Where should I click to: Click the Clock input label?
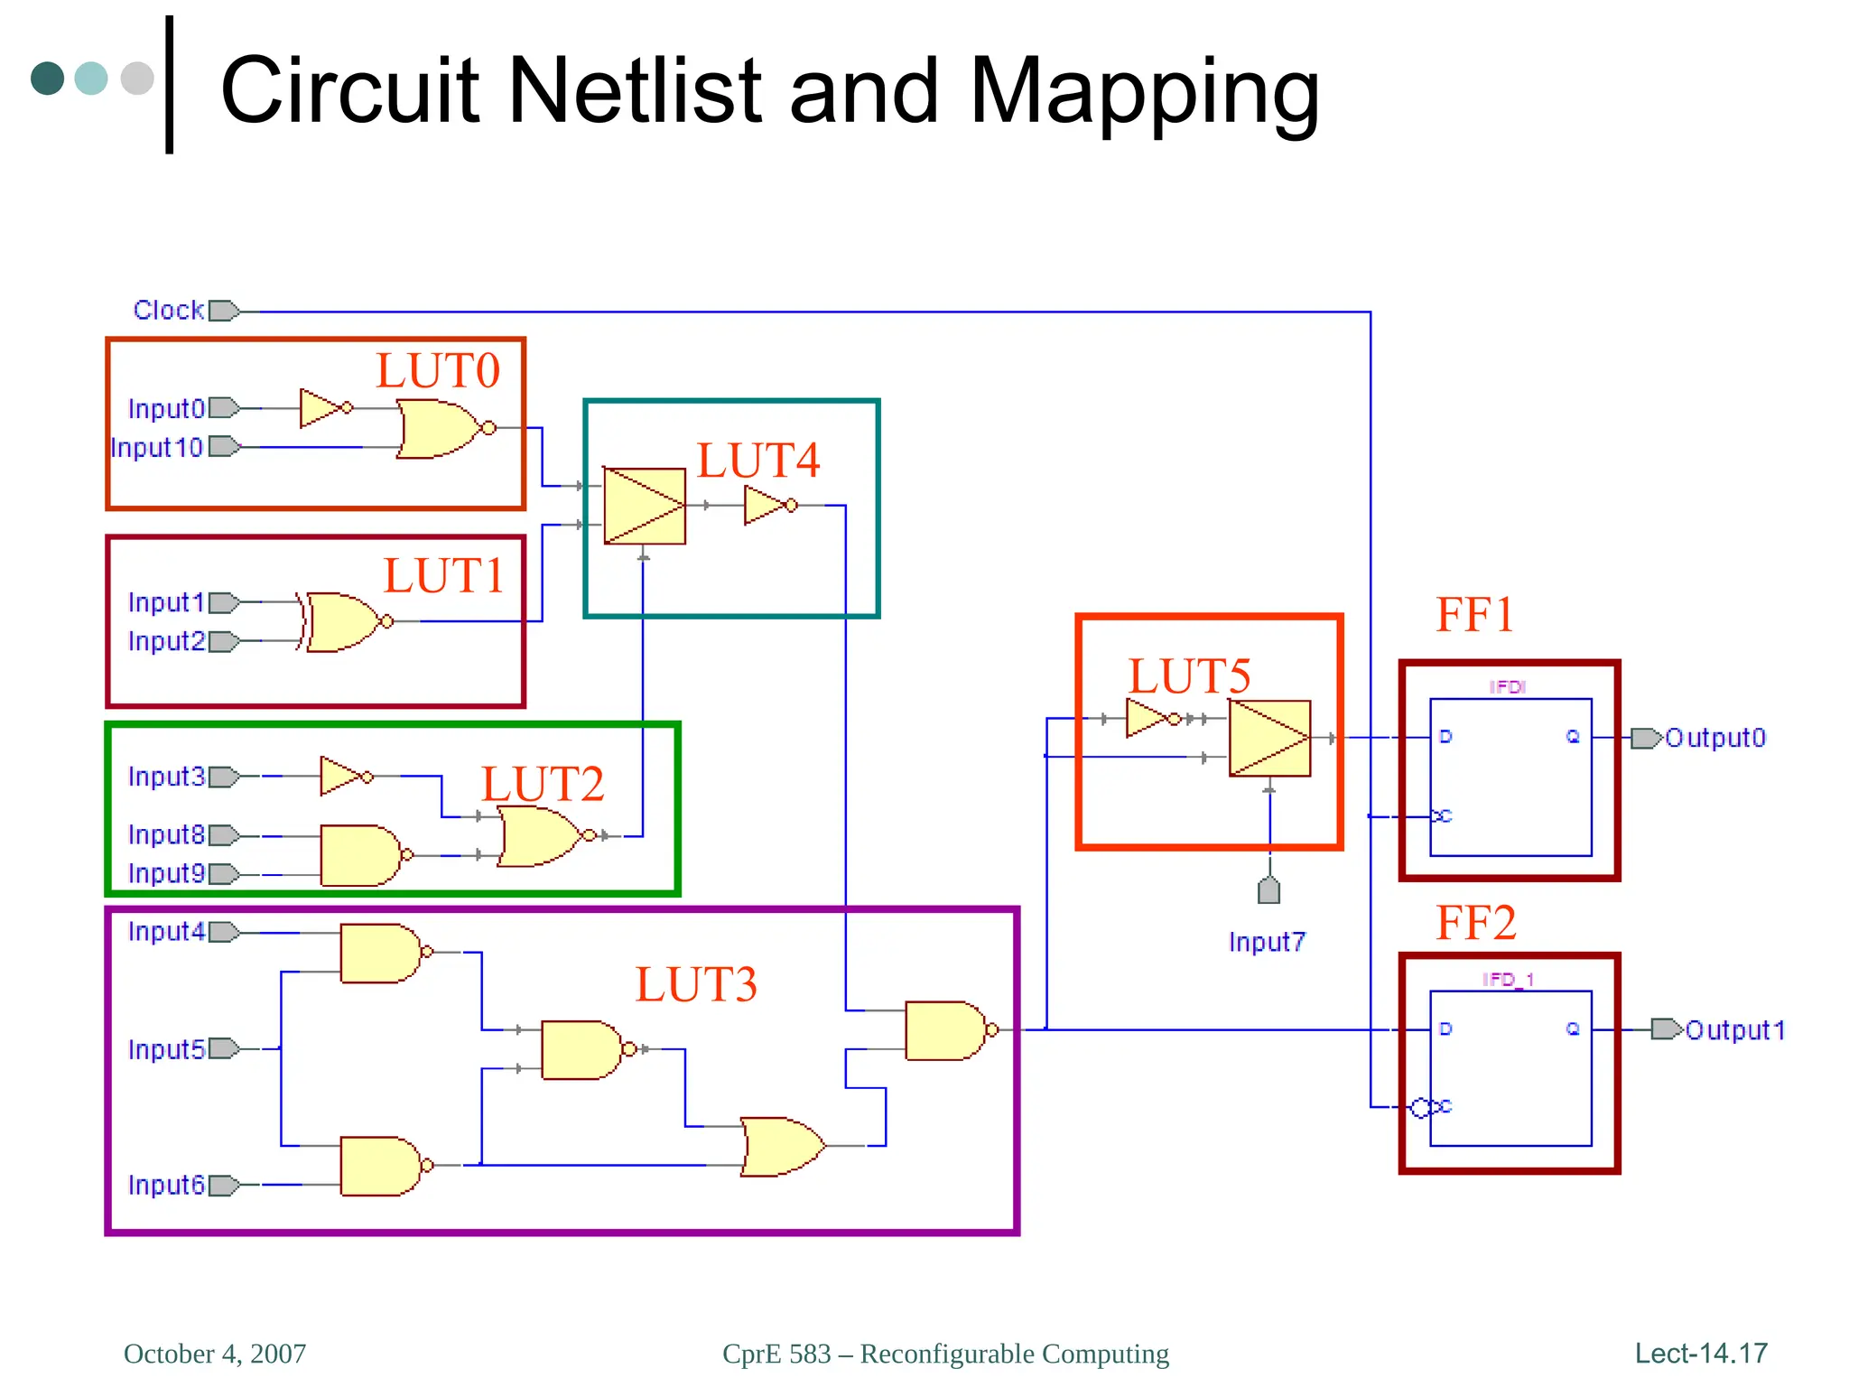169,310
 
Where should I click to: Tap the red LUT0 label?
438,371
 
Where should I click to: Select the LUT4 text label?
758,461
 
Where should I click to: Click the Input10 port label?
157,448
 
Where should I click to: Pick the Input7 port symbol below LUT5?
1268,890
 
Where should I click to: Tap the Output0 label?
1714,739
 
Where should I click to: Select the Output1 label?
1735,1030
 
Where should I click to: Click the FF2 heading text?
1476,923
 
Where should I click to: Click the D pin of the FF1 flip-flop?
1445,737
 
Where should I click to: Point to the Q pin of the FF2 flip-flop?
1573,1029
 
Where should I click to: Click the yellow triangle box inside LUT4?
645,506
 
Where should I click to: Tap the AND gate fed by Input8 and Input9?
360,855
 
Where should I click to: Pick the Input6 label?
167,1185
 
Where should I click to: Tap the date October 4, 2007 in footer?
215,1354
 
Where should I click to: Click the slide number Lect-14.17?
1701,1354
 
